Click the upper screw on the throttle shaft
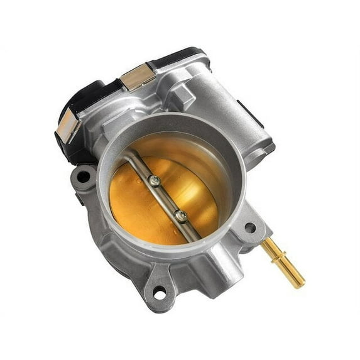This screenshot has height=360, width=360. click(x=154, y=182)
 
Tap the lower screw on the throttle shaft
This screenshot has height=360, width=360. click(x=181, y=216)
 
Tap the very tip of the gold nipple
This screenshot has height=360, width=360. click(x=302, y=284)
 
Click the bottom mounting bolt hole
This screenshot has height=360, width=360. click(x=160, y=293)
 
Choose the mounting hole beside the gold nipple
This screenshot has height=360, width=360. click(x=250, y=227)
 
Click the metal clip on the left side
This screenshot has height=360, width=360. click(x=67, y=127)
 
